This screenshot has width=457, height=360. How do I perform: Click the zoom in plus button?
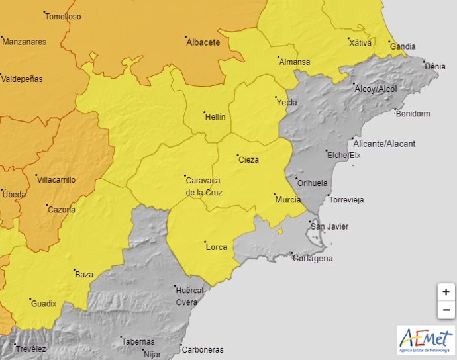446,292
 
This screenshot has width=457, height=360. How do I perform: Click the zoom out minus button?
446,310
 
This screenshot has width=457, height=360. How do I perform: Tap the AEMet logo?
426,340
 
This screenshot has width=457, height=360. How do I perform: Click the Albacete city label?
203,42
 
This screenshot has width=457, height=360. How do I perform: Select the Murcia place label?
287,200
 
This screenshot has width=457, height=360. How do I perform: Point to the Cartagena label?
313,259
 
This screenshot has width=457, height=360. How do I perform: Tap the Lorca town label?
217,247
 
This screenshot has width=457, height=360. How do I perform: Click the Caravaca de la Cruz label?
203,186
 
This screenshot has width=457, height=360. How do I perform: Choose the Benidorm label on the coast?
412,114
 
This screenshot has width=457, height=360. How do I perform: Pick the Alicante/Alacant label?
384,144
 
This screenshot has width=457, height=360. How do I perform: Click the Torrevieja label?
346,200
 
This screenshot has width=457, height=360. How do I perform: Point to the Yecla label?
287,103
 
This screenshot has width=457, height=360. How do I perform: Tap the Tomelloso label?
64,17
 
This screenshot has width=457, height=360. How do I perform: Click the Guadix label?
44,304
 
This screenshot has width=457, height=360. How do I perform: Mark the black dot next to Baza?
74,270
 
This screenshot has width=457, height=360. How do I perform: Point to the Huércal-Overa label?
191,296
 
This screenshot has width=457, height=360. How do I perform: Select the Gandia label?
403,47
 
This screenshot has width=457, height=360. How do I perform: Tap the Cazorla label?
61,210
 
